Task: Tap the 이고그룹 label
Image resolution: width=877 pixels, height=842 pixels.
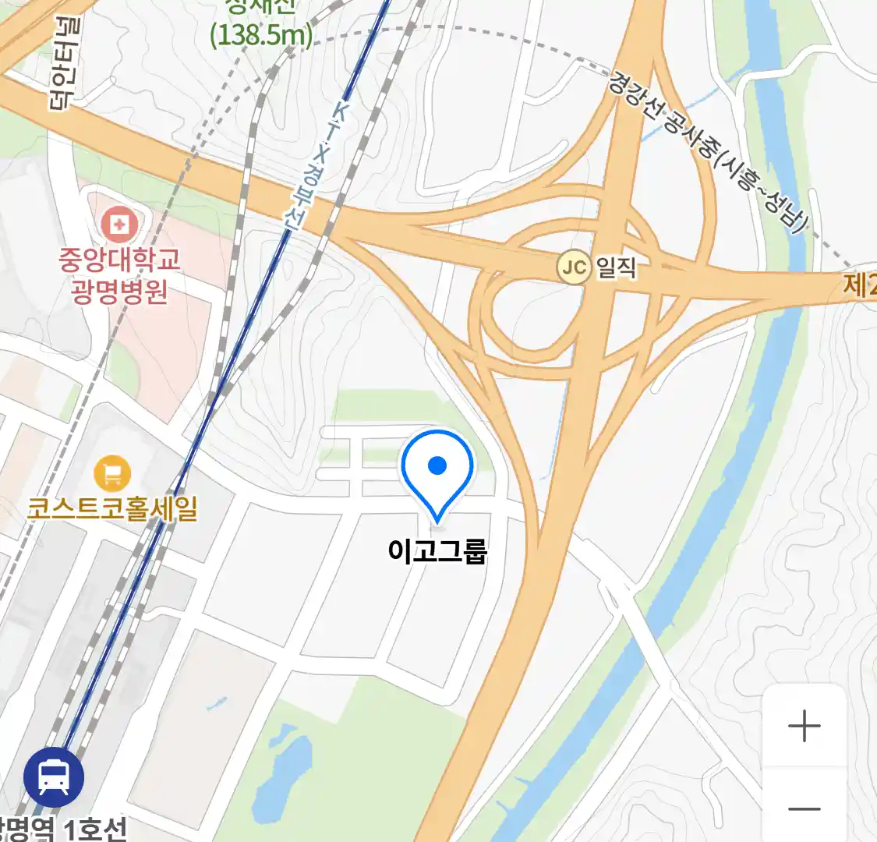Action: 437,550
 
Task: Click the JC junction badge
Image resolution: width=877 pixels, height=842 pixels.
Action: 574,268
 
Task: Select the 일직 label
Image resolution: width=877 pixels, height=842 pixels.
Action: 617,267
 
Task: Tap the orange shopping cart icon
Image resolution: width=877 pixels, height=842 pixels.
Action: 112,473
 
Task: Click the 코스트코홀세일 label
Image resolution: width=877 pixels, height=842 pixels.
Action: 112,508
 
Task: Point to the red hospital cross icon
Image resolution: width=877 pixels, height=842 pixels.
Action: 119,225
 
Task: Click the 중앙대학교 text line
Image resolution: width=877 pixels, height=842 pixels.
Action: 119,259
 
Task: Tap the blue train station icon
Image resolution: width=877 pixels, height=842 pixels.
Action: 54,776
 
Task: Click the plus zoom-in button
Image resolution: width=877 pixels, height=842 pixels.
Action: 804,727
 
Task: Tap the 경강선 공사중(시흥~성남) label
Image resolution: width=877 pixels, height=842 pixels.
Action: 705,152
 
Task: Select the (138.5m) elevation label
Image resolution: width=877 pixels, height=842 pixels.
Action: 261,35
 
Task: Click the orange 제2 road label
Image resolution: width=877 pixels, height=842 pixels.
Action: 859,285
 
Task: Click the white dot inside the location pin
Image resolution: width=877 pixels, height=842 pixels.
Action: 437,465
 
